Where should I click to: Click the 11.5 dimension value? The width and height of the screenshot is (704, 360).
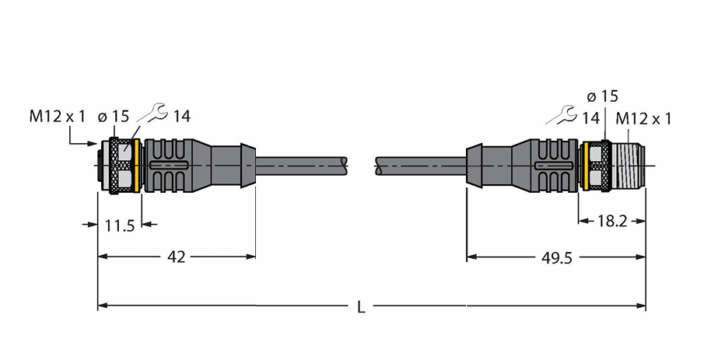(x=120, y=225)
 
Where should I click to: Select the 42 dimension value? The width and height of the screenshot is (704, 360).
(x=176, y=257)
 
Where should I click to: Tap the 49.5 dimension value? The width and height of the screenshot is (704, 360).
(x=557, y=257)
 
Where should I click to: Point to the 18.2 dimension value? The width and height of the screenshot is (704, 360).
(x=612, y=221)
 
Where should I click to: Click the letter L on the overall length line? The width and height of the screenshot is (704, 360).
(x=361, y=307)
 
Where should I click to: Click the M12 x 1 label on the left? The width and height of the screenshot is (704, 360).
(x=57, y=117)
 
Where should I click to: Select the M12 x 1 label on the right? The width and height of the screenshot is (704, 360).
(x=643, y=119)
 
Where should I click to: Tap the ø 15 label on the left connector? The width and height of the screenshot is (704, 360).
(x=113, y=117)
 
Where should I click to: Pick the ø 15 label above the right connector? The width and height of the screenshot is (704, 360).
(x=603, y=96)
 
